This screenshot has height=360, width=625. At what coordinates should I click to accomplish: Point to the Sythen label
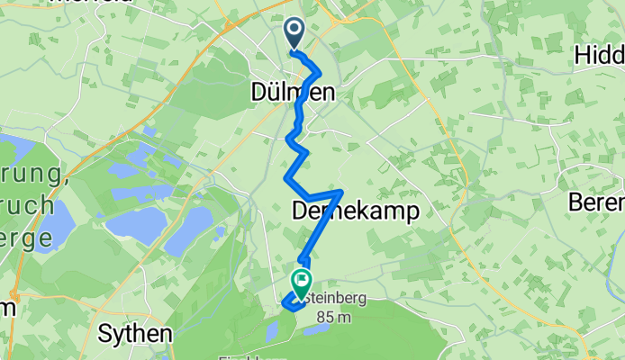click(x=134, y=334)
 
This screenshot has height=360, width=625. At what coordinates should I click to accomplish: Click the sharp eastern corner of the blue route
click(x=340, y=192)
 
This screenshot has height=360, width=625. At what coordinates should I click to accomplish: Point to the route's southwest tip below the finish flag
click(x=285, y=305)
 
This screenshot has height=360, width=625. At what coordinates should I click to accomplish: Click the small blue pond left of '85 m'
click(x=272, y=330)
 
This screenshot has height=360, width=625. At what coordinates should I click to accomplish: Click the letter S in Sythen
click(x=104, y=334)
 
